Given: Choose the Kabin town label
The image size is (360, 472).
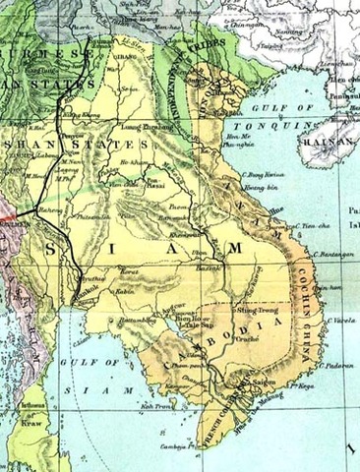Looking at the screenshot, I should (122, 292).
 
